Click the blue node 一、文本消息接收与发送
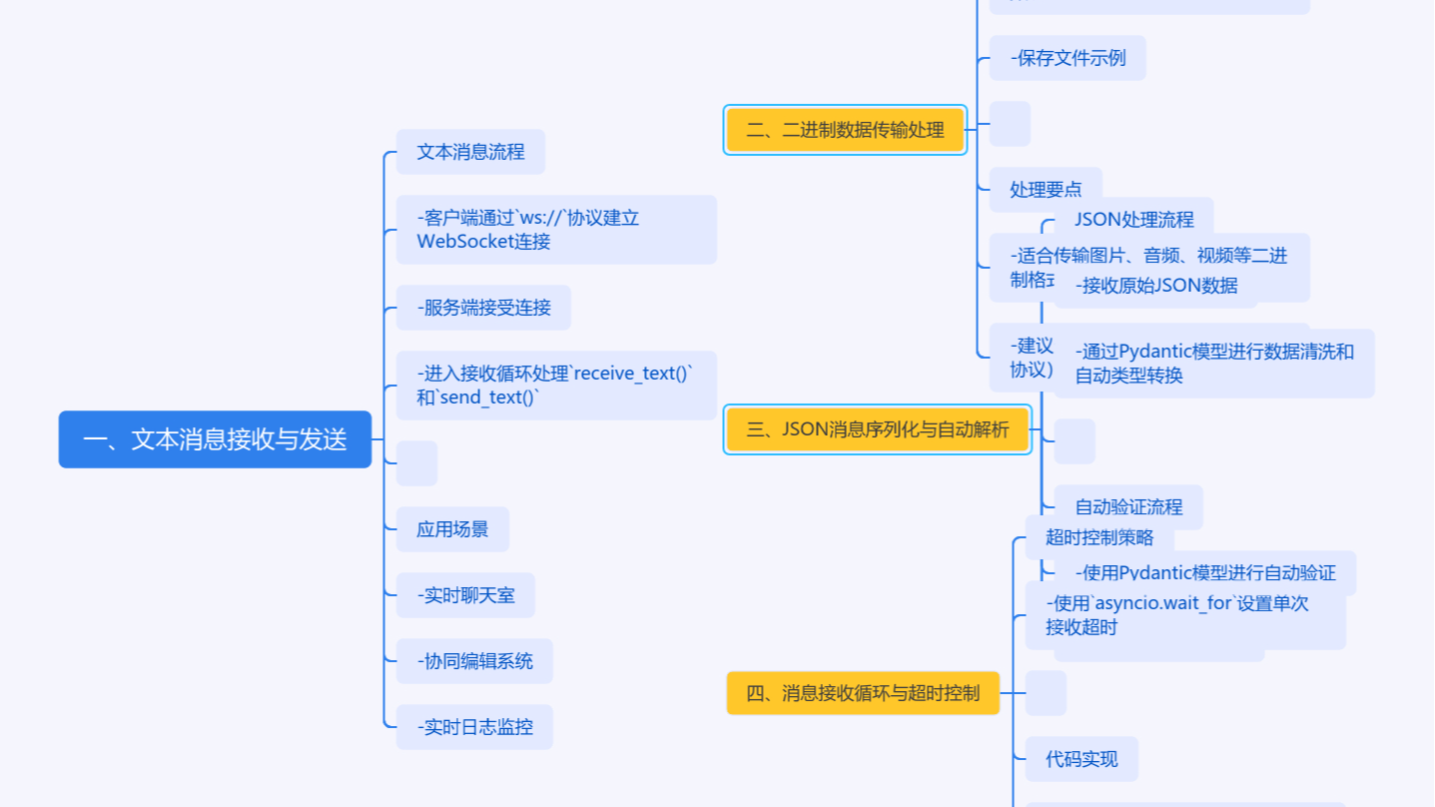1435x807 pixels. pos(215,439)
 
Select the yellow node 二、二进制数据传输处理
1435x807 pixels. pos(845,130)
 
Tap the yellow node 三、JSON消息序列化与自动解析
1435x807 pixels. pos(877,430)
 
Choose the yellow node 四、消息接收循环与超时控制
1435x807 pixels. pos(863,693)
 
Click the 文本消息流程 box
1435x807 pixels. pos(470,152)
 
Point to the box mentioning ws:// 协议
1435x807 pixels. pos(555,230)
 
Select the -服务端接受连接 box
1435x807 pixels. pos(483,308)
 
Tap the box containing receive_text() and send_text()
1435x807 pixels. pos(555,386)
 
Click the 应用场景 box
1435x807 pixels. pos(452,529)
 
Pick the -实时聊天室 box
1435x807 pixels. pos(465,595)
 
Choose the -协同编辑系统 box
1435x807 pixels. pos(474,661)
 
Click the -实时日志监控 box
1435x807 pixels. pos(474,727)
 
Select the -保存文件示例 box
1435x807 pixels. pos(1068,58)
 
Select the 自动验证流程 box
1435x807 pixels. pos(1128,507)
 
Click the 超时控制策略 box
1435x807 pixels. pos(1098,537)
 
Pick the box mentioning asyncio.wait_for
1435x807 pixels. pos(1184,615)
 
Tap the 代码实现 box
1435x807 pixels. pos(1081,759)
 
